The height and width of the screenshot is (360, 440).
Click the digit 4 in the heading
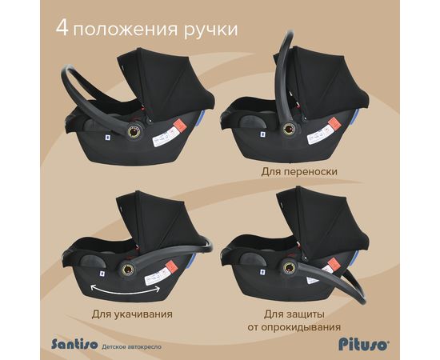tap(62, 27)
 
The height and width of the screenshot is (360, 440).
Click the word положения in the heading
tap(125, 30)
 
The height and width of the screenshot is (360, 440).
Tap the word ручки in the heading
tap(210, 30)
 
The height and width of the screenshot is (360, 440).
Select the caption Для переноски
tap(299, 171)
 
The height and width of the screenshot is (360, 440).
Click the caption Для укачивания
tap(132, 314)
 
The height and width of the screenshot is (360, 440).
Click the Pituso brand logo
tap(364, 344)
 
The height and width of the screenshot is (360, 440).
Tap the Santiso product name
tap(74, 343)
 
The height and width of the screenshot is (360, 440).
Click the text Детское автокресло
tap(132, 347)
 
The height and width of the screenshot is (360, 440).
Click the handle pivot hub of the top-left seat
tap(134, 130)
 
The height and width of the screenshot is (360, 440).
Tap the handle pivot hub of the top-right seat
tap(288, 129)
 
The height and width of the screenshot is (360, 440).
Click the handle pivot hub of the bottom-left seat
tap(128, 270)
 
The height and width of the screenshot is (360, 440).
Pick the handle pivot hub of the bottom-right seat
tap(288, 267)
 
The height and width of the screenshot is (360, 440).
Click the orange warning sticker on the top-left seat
tap(179, 126)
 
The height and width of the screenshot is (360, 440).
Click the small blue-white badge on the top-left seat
tap(107, 138)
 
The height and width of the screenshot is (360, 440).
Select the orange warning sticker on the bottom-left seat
tap(170, 266)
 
